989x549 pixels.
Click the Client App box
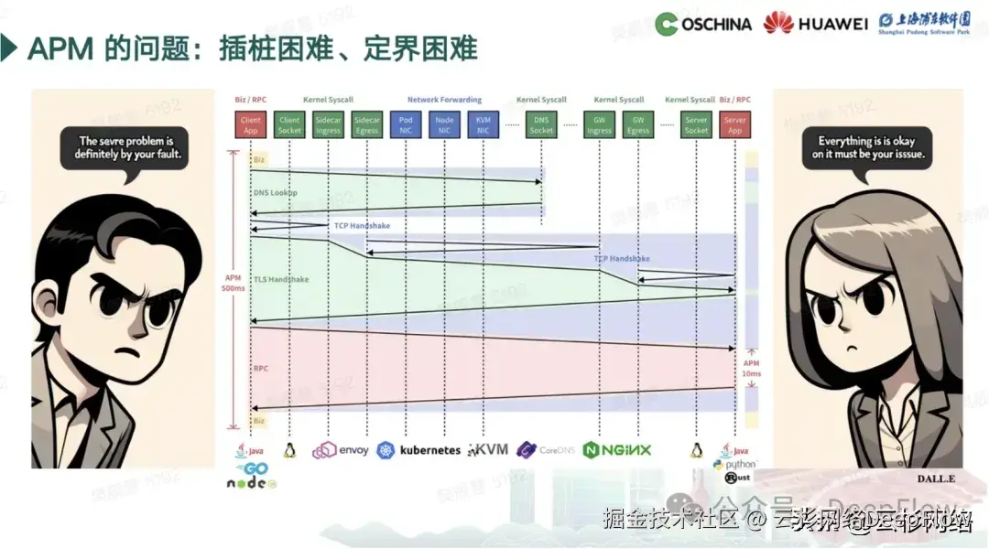(251, 124)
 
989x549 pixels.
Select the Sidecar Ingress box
(328, 124)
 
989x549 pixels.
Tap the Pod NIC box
(406, 124)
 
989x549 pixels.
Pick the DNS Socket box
(541, 124)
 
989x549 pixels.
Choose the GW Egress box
(638, 124)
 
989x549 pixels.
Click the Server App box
(734, 124)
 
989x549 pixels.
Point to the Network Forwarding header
(444, 100)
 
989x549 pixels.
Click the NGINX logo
(617, 449)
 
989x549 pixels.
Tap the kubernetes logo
(418, 450)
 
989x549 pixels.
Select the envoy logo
(341, 450)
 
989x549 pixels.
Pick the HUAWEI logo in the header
(816, 23)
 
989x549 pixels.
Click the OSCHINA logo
(704, 24)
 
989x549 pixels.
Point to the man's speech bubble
(129, 148)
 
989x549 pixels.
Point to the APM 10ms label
(751, 368)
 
